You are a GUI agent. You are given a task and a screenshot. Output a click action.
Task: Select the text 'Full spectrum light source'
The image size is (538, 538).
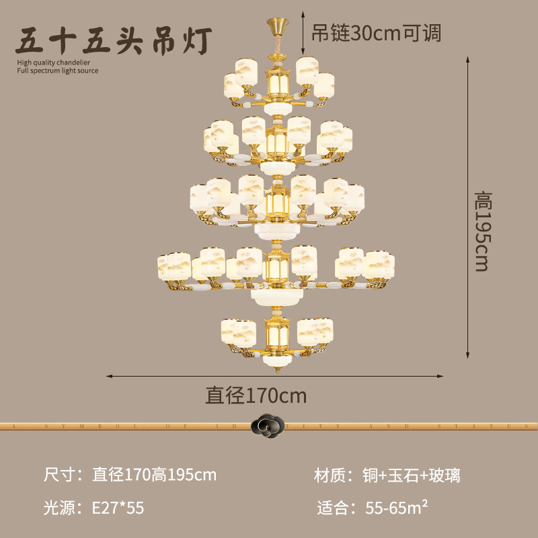tap(58, 71)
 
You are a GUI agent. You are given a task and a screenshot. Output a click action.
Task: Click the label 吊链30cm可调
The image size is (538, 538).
tap(377, 32)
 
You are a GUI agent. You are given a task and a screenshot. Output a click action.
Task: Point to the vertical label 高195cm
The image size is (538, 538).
tap(482, 231)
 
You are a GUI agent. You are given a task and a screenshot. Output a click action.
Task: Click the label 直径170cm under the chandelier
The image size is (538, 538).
tap(256, 395)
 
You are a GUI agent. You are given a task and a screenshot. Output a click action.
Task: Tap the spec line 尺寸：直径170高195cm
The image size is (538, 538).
tap(130, 475)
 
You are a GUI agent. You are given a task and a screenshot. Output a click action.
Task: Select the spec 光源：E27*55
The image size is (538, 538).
tap(93, 508)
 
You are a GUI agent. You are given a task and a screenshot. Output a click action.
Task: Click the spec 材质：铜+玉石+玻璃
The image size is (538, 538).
tap(387, 475)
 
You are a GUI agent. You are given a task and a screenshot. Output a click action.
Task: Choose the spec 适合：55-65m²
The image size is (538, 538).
tap(372, 508)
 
